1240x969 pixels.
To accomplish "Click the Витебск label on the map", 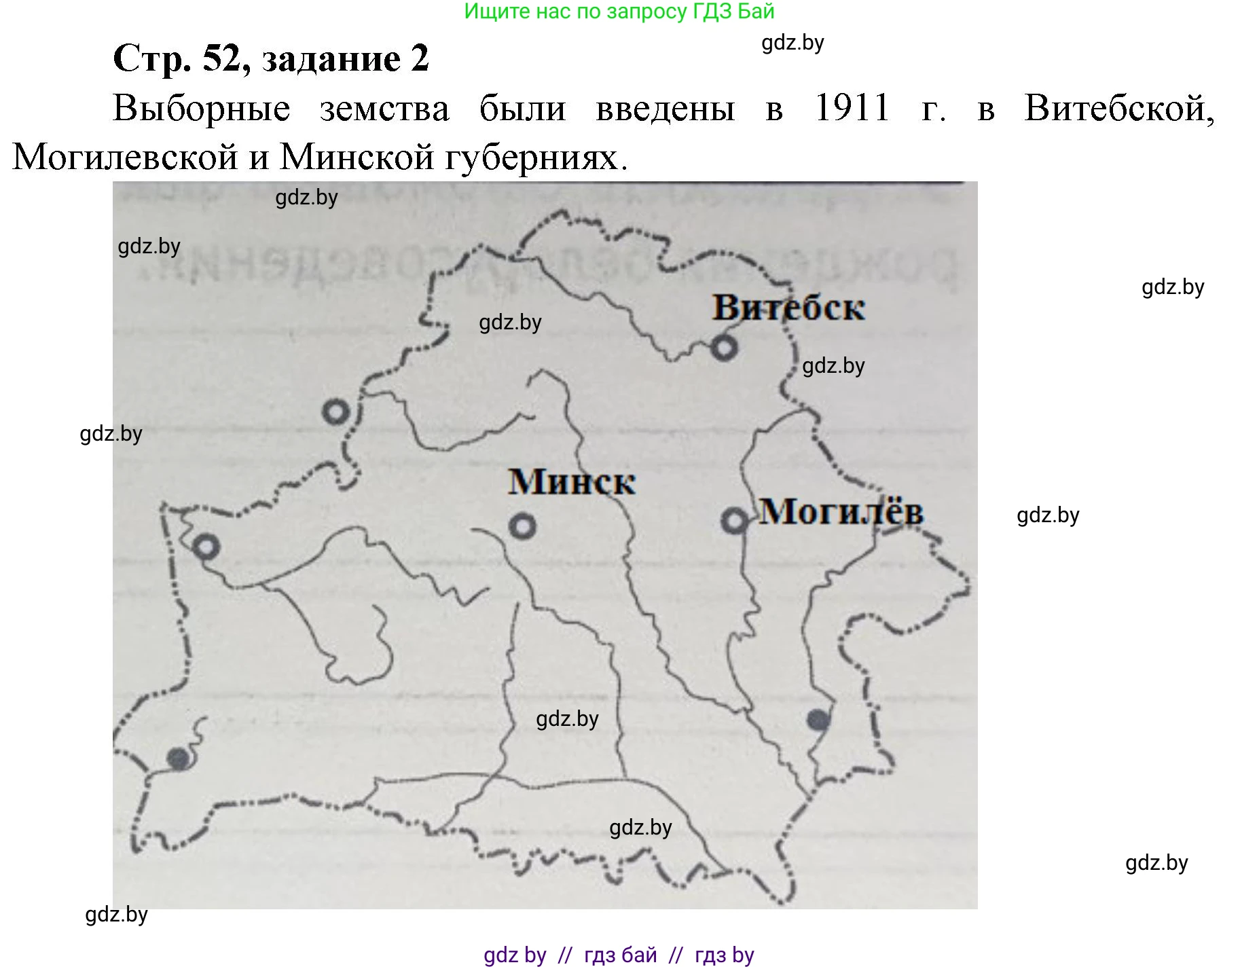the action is (788, 308).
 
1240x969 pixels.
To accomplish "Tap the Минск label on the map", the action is (572, 482).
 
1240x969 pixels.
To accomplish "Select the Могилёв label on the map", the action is (841, 511).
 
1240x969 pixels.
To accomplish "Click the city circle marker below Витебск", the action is (724, 348).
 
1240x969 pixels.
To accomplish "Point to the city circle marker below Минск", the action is (522, 526).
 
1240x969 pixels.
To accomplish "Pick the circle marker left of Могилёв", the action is (733, 522).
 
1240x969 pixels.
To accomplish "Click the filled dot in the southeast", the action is (818, 720).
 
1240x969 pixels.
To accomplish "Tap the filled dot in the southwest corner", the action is (179, 758).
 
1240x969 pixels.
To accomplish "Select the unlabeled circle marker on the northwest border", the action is (335, 412).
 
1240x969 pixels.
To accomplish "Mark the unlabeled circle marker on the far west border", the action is (206, 547).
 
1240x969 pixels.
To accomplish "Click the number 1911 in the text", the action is (852, 109).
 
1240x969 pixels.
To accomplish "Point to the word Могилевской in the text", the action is (125, 158).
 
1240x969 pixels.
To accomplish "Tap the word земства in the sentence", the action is (384, 109).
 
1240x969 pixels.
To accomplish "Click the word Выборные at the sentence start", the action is (202, 109).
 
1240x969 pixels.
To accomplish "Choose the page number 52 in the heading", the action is (221, 58).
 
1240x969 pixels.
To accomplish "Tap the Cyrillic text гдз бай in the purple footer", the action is (620, 955).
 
